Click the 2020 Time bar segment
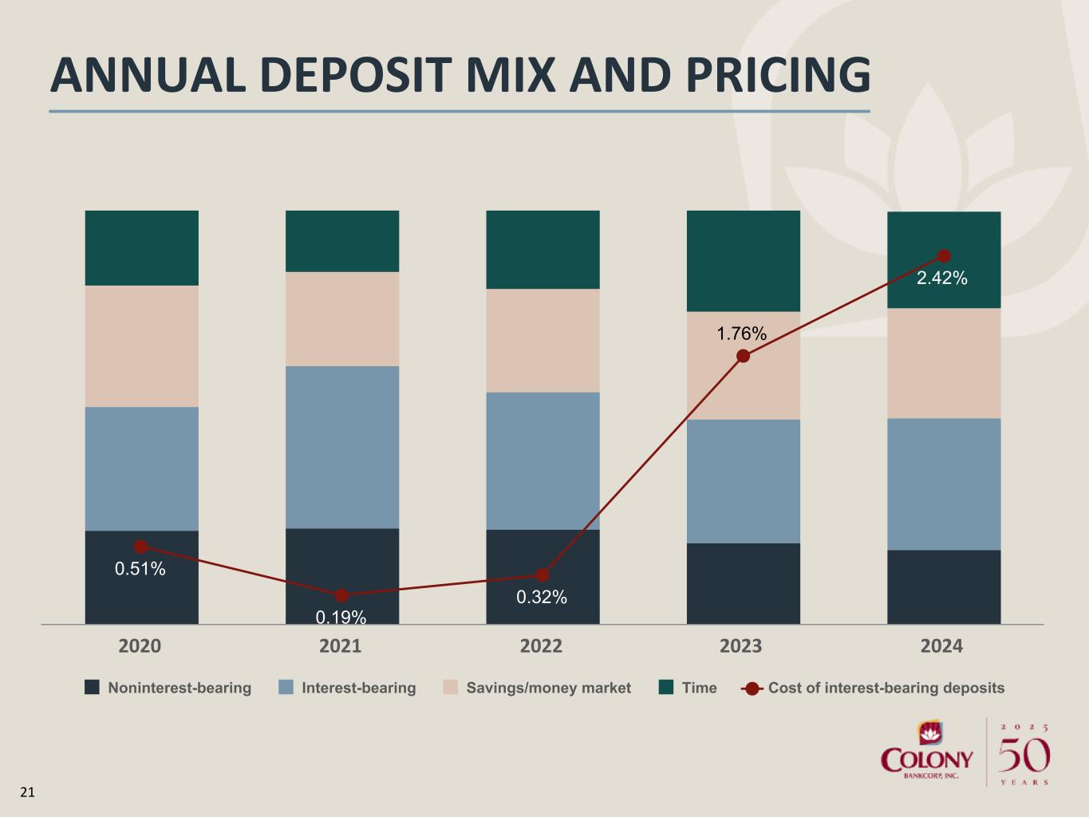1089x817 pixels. point(141,247)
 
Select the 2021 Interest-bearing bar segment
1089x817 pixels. point(342,447)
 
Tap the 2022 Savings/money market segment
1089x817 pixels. point(543,340)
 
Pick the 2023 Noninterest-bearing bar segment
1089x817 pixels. point(744,583)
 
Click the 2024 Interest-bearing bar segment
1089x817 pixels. point(944,483)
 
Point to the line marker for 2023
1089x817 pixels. point(743,356)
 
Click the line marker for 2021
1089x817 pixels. point(341,595)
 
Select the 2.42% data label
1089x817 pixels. point(941,278)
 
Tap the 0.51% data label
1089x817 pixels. point(140,569)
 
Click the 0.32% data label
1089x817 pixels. point(542,597)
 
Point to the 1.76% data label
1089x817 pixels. point(741,334)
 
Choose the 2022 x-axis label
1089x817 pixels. point(541,645)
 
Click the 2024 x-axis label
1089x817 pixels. point(941,645)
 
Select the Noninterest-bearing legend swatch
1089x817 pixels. point(93,687)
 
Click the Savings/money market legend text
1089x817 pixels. point(548,688)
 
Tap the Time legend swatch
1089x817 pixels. point(666,687)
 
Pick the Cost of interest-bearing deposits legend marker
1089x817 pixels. point(752,688)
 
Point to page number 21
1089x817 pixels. point(27,792)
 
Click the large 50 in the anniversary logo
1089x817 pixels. point(1024,755)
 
